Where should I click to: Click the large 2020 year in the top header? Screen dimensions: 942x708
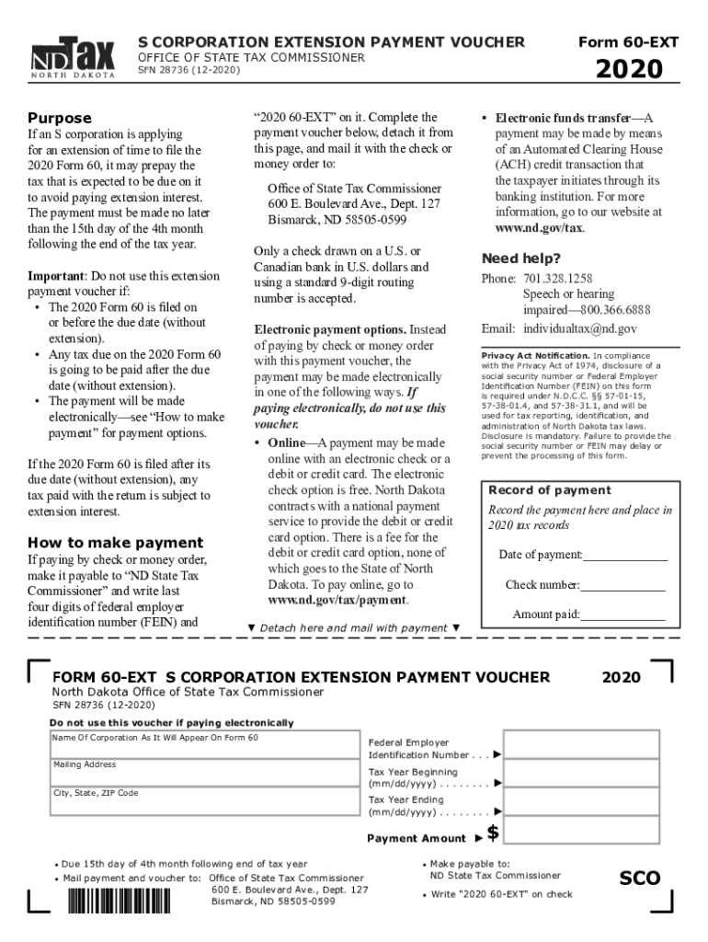coord(630,69)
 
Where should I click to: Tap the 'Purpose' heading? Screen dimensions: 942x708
coord(60,118)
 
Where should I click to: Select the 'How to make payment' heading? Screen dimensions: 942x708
coord(115,542)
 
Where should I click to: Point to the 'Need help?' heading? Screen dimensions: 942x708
coord(520,258)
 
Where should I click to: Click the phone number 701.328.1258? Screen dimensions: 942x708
coord(557,279)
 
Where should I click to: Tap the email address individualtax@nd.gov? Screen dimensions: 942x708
coord(579,328)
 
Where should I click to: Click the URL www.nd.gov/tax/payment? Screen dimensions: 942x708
coord(337,600)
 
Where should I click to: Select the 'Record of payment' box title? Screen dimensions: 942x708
coord(549,490)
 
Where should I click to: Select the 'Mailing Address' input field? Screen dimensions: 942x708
coord(203,775)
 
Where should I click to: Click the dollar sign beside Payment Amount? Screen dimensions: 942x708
coord(494,833)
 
